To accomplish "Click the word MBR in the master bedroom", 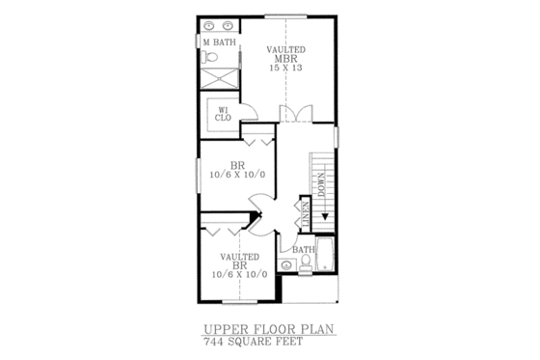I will pos(286,60).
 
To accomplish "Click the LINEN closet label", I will pos(306,216).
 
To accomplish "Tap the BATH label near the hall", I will pos(303,250).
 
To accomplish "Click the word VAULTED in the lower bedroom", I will pos(238,257).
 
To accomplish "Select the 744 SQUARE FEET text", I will pos(254,343).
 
